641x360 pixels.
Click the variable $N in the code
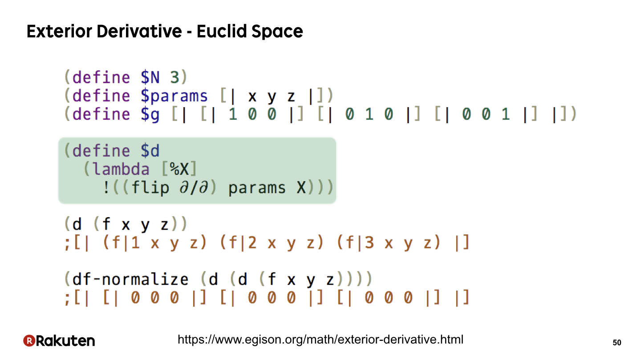coord(150,77)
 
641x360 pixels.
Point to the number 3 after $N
coord(174,77)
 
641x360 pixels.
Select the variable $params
coord(174,96)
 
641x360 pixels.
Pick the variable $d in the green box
coord(150,150)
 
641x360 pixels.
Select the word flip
coord(150,188)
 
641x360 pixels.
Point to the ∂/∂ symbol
coord(194,188)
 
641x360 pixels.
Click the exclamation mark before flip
coord(106,188)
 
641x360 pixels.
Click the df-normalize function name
coord(130,279)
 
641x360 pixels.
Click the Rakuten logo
coord(59,341)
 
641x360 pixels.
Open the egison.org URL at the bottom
coord(320,340)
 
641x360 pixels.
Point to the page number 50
coord(617,343)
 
